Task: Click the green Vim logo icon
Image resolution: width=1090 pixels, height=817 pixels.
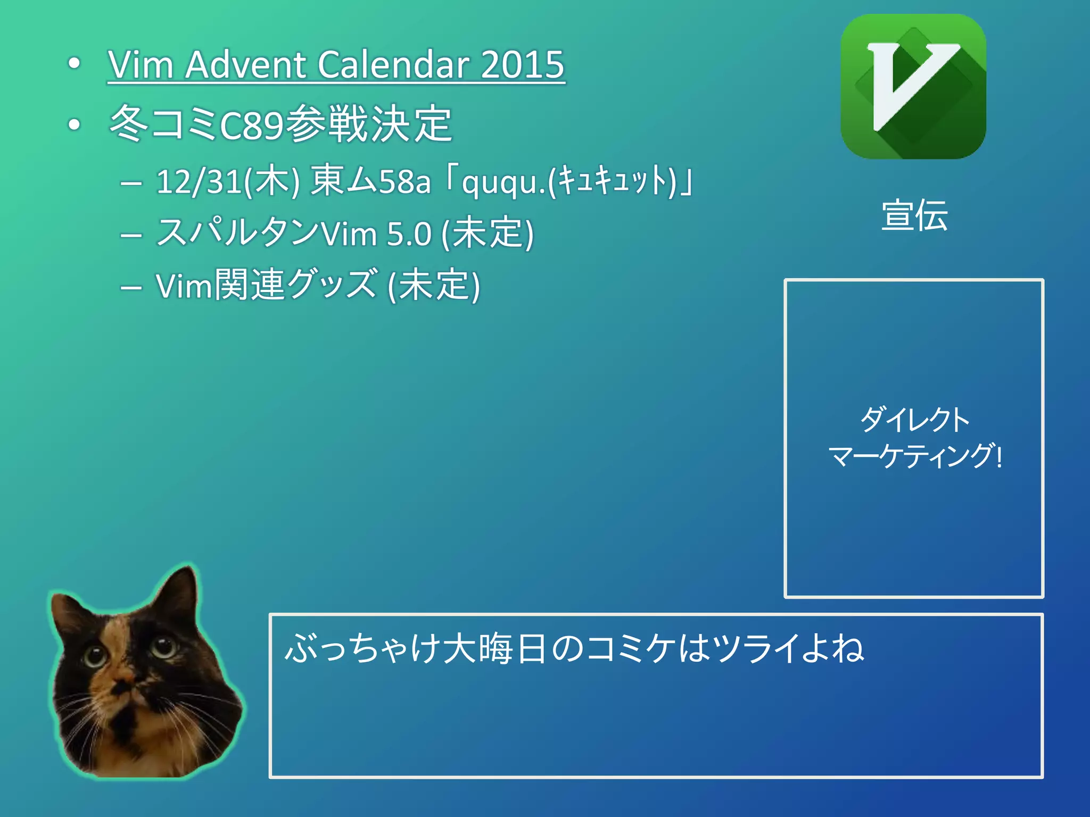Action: click(x=913, y=87)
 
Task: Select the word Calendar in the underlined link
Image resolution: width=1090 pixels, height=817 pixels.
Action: click(x=393, y=65)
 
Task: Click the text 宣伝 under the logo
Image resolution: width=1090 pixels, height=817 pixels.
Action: click(x=914, y=215)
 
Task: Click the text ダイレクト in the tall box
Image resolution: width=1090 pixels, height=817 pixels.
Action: click(x=915, y=419)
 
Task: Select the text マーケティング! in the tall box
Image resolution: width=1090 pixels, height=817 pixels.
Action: click(x=915, y=456)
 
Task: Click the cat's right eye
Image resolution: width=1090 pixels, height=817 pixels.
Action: click(x=164, y=646)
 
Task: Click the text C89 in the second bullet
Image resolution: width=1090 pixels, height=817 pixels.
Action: click(x=251, y=126)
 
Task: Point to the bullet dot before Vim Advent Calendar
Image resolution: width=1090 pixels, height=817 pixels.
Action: click(x=75, y=64)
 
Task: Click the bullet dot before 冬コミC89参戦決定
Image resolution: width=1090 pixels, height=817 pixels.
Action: click(x=75, y=125)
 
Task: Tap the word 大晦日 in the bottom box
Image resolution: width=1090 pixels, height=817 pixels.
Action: click(x=494, y=649)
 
